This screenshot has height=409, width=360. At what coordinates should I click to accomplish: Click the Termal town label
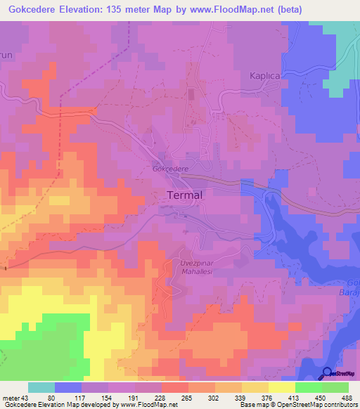click(x=185, y=196)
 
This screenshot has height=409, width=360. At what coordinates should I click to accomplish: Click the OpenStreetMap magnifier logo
click(x=327, y=374)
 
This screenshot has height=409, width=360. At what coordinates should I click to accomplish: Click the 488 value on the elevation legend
click(x=346, y=398)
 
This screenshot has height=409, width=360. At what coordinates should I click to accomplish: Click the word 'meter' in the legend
click(x=11, y=398)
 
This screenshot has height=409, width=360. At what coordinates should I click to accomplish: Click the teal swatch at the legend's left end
click(x=41, y=387)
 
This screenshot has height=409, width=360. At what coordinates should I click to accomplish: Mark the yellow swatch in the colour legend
click(x=282, y=387)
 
